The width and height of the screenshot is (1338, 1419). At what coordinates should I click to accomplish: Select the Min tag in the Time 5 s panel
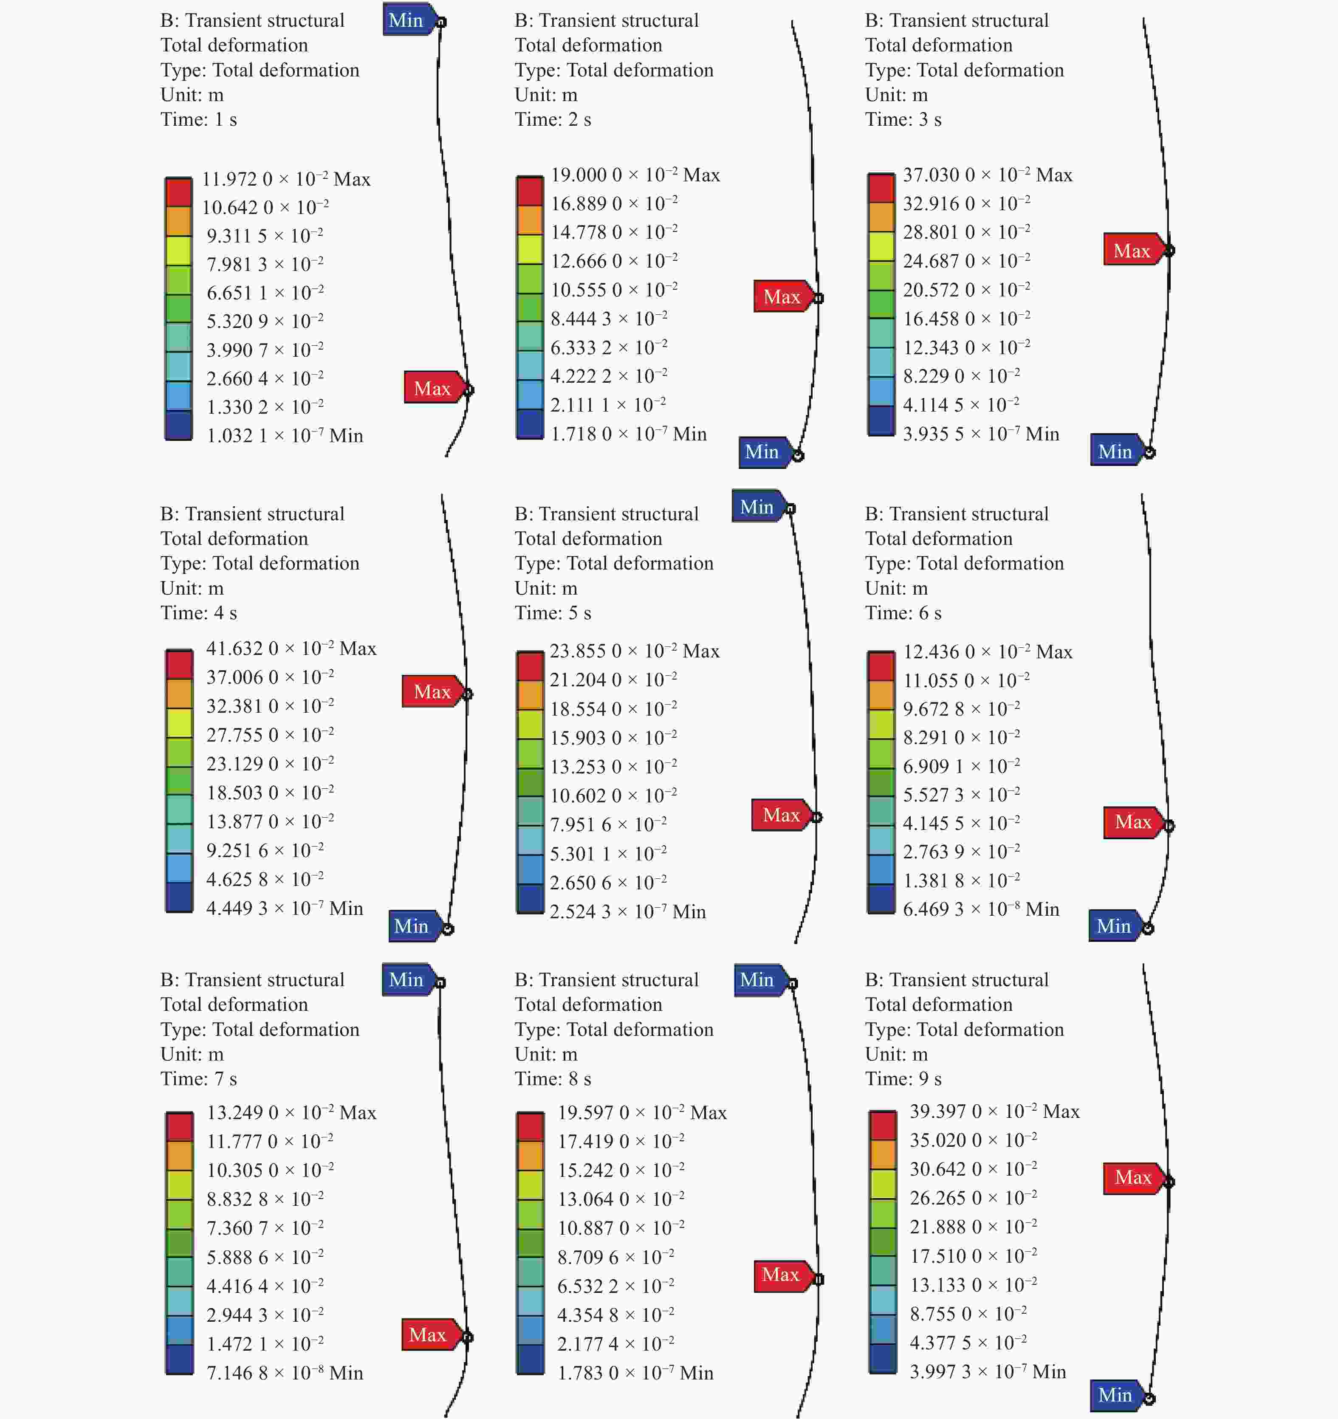click(757, 507)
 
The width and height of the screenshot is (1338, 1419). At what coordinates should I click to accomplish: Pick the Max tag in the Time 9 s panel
click(1133, 1177)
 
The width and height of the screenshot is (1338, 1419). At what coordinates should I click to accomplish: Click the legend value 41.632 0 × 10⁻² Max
click(291, 648)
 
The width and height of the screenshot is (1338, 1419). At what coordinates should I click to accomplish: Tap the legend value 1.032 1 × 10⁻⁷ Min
click(284, 435)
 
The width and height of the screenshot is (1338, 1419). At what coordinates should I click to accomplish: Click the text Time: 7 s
click(198, 1078)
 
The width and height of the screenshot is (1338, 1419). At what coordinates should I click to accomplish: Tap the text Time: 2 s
click(553, 119)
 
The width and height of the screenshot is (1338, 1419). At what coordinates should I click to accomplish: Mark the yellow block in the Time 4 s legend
click(179, 723)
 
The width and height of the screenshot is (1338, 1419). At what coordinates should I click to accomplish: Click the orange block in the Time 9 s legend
click(883, 1154)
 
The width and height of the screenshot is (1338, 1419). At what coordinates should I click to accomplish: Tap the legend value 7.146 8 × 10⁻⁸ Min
click(284, 1373)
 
